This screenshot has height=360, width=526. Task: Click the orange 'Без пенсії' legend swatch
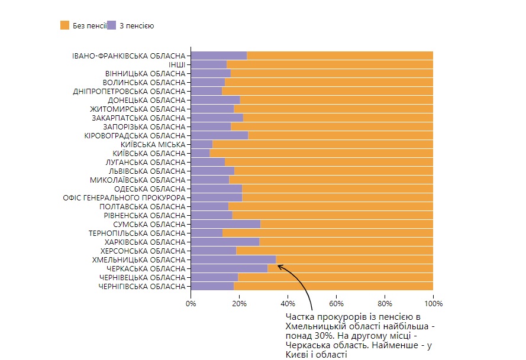point(65,25)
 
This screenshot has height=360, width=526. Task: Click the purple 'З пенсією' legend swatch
point(112,25)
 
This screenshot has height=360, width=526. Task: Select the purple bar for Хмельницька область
point(233,260)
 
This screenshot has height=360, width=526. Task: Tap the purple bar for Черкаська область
point(229,268)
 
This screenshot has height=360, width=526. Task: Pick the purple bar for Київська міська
point(202,144)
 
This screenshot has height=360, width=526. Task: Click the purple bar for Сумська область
point(225,224)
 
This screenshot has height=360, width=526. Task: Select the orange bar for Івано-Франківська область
point(340,56)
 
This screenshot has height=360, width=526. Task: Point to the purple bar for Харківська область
point(225,242)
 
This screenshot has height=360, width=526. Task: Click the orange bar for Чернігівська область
point(333,286)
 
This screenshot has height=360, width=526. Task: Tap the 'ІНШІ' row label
point(177,64)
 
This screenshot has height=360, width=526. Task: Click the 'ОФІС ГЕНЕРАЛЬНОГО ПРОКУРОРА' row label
point(124,197)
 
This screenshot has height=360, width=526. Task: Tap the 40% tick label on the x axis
point(288,303)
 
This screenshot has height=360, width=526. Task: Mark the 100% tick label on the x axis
point(433,303)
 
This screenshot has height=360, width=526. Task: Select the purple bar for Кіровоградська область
point(220,135)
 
